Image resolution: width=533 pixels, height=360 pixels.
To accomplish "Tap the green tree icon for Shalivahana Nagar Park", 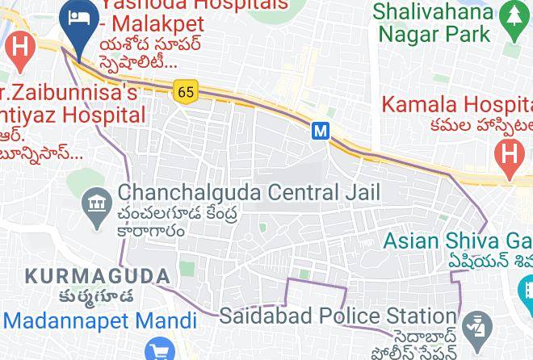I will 511,13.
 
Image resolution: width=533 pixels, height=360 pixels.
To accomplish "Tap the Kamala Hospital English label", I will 456,105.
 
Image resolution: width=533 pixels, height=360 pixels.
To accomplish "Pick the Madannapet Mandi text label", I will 99,320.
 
